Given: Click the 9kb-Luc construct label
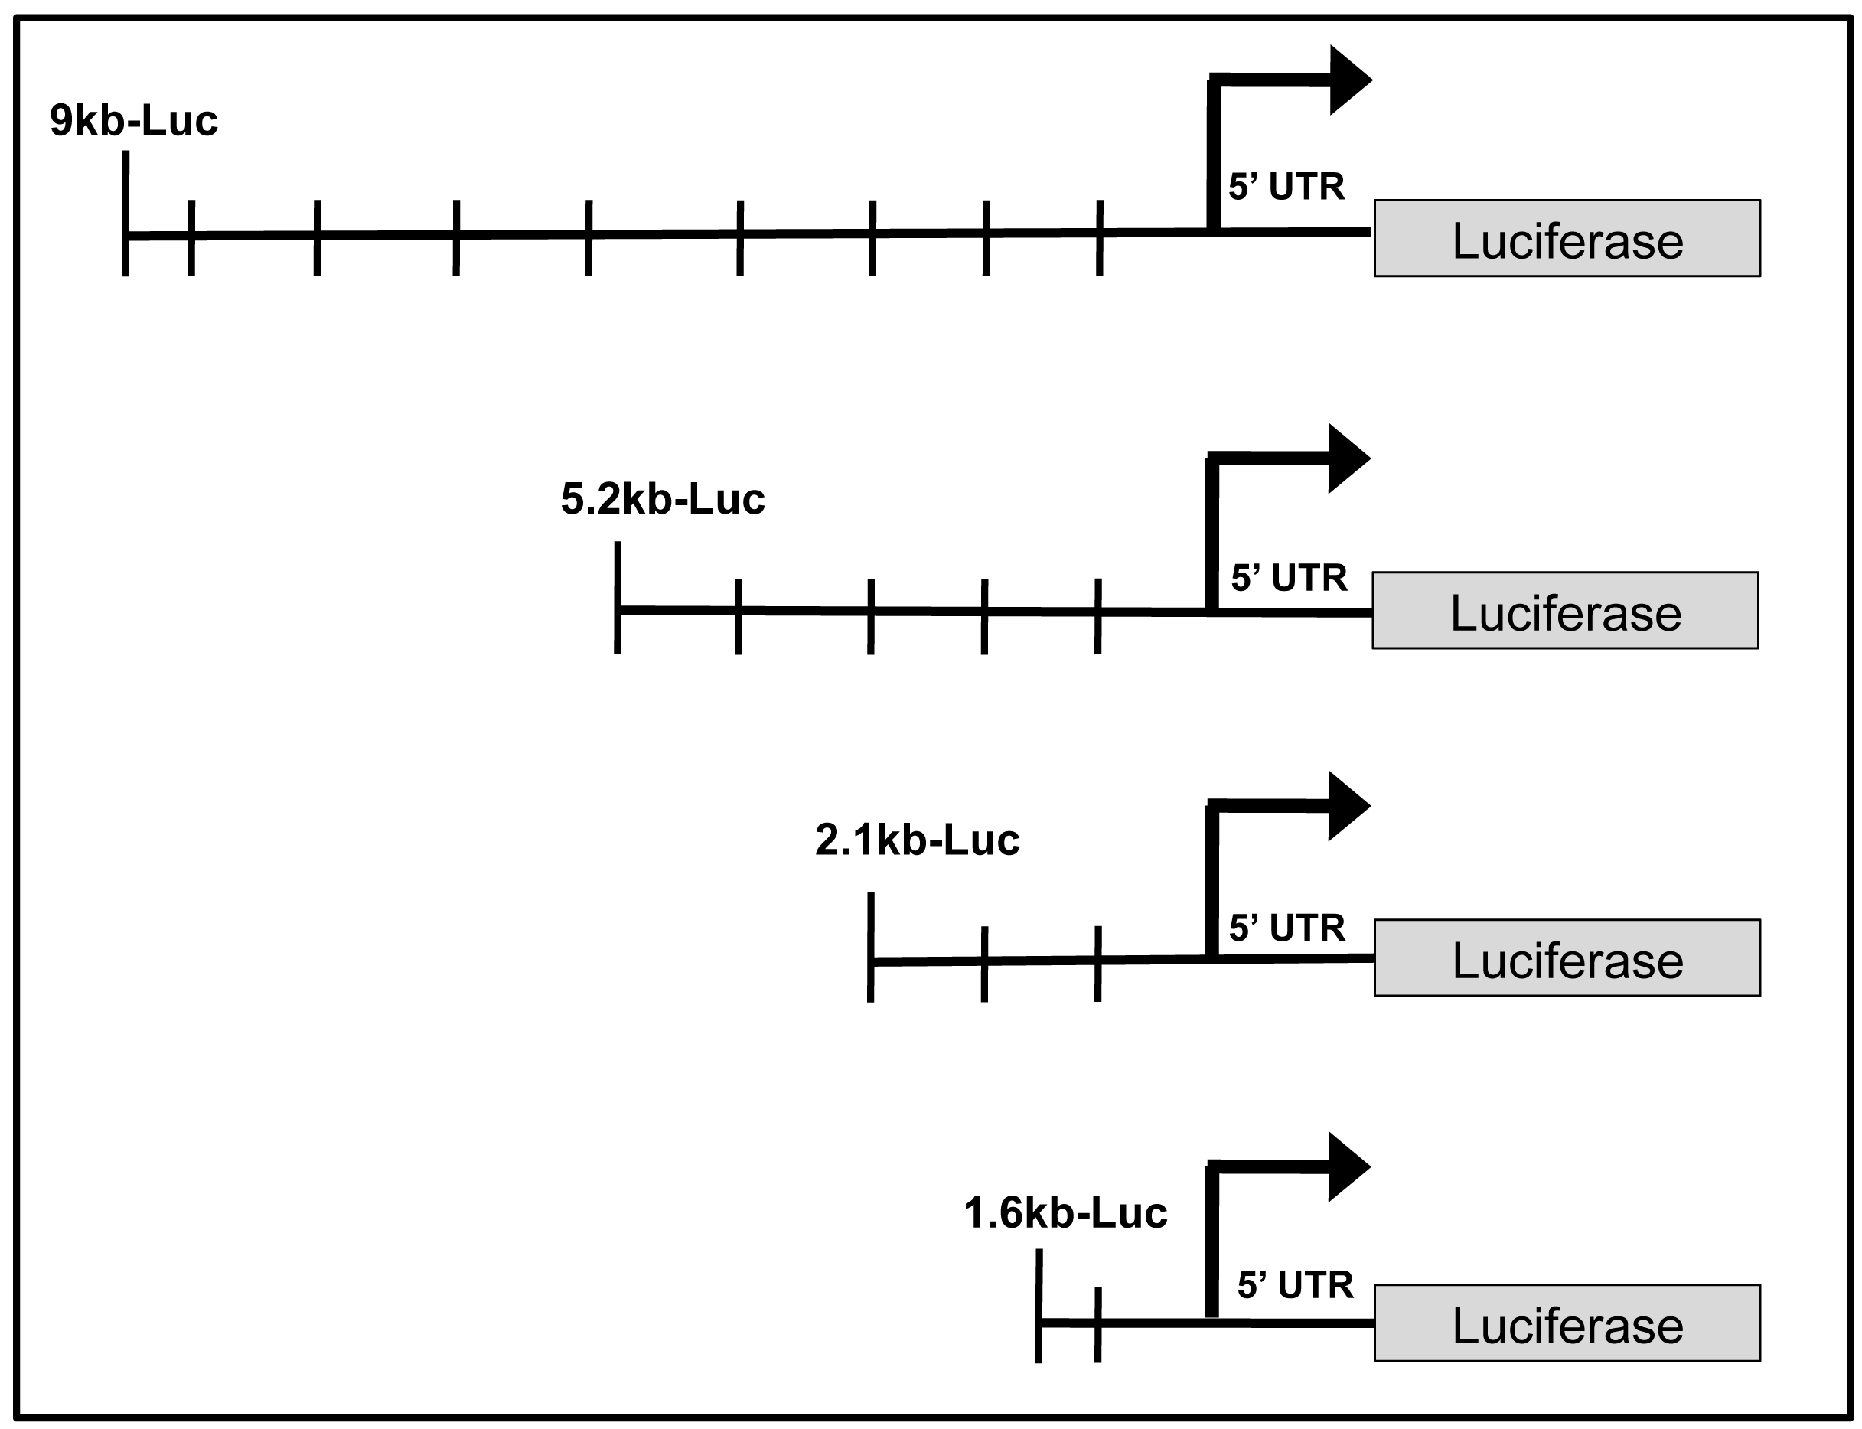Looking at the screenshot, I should pyautogui.click(x=134, y=121).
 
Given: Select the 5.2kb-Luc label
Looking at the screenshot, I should pyautogui.click(x=663, y=499).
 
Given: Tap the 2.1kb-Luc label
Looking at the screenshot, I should pyautogui.click(x=917, y=840).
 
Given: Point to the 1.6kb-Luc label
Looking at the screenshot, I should pyautogui.click(x=1065, y=1213).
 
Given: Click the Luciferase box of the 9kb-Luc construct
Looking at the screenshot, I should pyautogui.click(x=1567, y=239).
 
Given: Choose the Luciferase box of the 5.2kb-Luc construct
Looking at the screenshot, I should pyautogui.click(x=1565, y=611).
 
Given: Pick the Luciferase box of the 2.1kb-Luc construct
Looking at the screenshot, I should pyautogui.click(x=1567, y=958).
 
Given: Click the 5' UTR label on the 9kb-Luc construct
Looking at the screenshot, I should pyautogui.click(x=1286, y=187).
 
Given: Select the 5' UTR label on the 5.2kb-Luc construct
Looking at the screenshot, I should pyautogui.click(x=1289, y=579).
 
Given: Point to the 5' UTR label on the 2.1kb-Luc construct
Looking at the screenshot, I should pyautogui.click(x=1287, y=928).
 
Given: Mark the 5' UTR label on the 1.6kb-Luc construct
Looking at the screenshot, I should pyautogui.click(x=1295, y=1285).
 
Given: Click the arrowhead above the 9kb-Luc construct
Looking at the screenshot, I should pyautogui.click(x=1348, y=80).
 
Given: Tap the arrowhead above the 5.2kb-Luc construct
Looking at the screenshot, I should pyautogui.click(x=1346, y=458).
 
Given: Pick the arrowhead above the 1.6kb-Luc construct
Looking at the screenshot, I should pyautogui.click(x=1346, y=1166).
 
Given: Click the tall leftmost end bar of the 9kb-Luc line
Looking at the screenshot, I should pyautogui.click(x=126, y=213).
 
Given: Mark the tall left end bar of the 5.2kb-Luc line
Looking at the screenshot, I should pyautogui.click(x=618, y=597).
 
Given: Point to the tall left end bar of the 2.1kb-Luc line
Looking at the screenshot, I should pyautogui.click(x=870, y=947).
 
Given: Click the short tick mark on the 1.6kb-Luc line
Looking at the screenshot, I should pyautogui.click(x=1097, y=1324).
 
